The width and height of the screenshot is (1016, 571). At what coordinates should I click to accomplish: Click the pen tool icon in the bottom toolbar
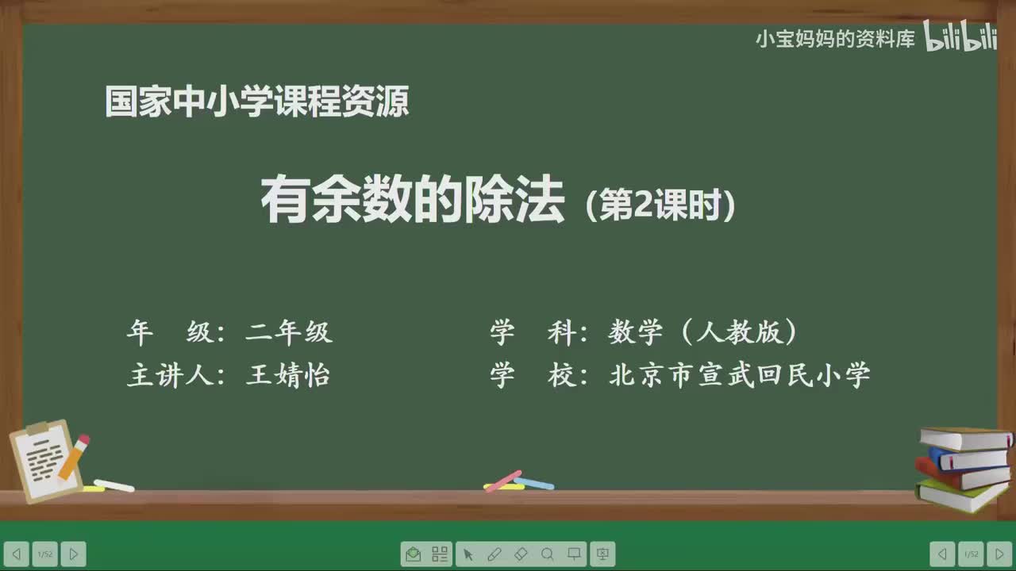coord(494,554)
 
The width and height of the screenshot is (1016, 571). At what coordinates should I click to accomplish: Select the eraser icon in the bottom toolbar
coord(521,554)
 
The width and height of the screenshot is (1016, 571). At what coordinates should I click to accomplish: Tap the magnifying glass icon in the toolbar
coord(547,554)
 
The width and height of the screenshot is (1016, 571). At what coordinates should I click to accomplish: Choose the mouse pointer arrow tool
coord(468,554)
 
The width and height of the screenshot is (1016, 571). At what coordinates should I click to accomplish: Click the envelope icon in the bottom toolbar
coord(413,554)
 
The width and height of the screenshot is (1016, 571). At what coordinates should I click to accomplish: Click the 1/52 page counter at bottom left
coord(44,554)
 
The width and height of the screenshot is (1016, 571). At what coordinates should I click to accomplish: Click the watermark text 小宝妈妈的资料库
coord(835,39)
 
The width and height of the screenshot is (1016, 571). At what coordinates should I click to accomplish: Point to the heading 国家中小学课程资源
coord(257,102)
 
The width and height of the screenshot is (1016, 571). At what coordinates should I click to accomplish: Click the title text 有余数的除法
coord(413,201)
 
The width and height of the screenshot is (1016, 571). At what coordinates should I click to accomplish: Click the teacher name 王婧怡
coord(288,374)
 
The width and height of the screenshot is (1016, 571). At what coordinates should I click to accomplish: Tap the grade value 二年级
coord(289,332)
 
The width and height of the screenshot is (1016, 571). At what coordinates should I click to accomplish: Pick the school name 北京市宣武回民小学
coord(740,374)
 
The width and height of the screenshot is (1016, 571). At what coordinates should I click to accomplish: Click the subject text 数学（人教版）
coord(703,332)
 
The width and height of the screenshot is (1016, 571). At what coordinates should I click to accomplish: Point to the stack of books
coord(964,469)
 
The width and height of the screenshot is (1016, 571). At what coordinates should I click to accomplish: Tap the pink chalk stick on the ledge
coord(503,481)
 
